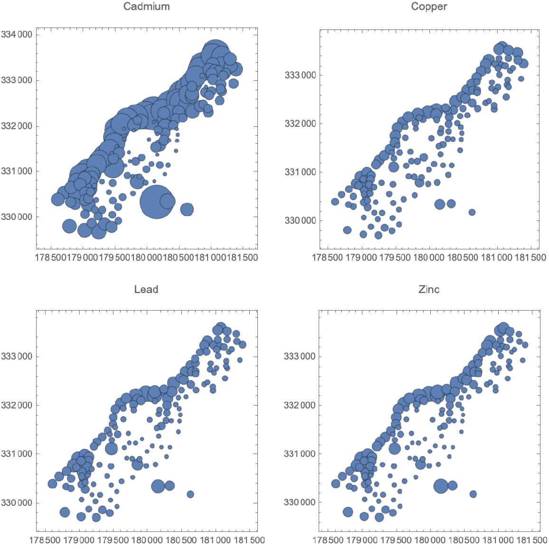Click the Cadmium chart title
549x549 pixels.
tap(146, 7)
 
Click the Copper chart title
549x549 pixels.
tap(429, 7)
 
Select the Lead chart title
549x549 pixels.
tap(146, 290)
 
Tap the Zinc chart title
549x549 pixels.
tap(429, 290)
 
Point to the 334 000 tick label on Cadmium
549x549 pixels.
tap(17, 35)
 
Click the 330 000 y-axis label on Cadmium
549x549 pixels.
tap(17, 217)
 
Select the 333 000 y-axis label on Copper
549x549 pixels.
tap(300, 75)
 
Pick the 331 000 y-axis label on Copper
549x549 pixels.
tap(300, 172)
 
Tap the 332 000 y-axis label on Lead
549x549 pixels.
tap(17, 405)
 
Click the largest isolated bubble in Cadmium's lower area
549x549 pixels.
tap(156, 201)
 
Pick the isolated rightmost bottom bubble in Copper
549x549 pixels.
tap(472, 212)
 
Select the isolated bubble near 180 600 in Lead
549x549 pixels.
tap(190, 494)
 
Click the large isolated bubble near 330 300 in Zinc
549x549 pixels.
tap(441, 486)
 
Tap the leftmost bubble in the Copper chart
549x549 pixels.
tap(335, 202)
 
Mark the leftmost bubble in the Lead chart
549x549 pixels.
tap(52, 484)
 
